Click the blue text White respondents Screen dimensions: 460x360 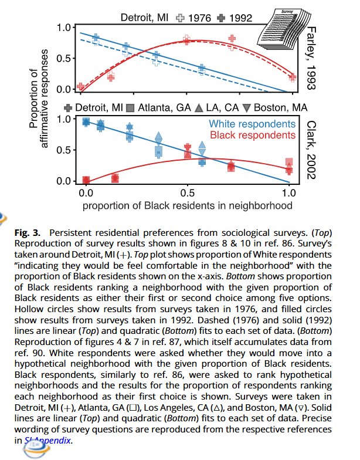tap(252, 124)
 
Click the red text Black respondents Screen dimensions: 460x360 tap(252, 135)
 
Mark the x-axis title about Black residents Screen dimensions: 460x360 tap(187, 205)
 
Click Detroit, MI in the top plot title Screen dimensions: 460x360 tap(144, 18)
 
